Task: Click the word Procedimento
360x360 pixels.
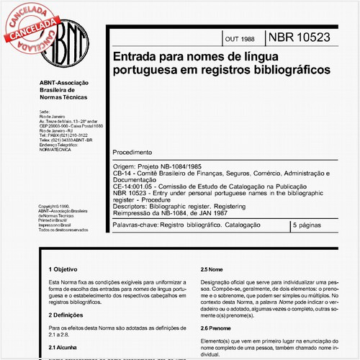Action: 132,153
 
